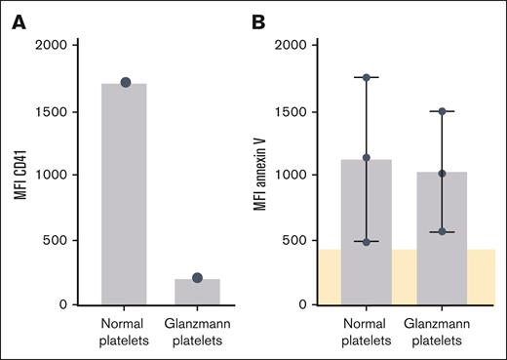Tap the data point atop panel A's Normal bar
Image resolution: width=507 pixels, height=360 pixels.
(x=125, y=83)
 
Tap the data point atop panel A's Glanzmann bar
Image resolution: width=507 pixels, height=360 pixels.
(x=198, y=278)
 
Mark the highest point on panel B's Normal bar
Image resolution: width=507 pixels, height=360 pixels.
(x=367, y=77)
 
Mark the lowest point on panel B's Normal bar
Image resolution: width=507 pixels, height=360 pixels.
(x=367, y=241)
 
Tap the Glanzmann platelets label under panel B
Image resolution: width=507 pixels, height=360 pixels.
(x=441, y=331)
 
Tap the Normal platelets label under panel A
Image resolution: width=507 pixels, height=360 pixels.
(x=125, y=331)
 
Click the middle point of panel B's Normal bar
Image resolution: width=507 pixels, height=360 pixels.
(x=367, y=157)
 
